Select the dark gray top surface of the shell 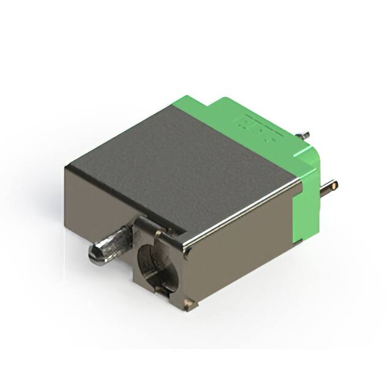tap(184, 159)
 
